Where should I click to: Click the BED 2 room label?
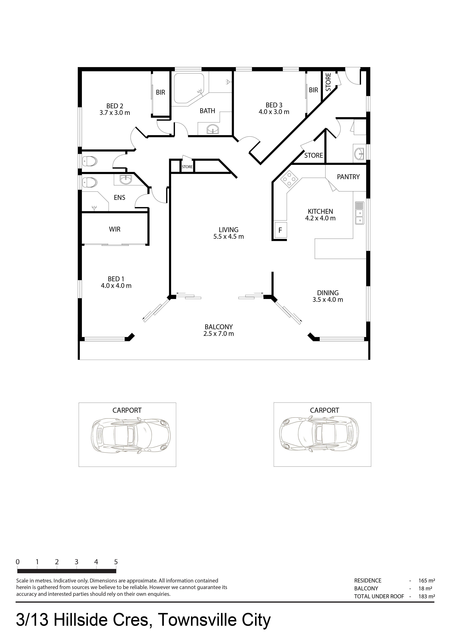[x=115, y=106]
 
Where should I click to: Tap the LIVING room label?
[x=229, y=230]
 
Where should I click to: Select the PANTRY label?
[x=348, y=177]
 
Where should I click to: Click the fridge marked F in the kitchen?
[x=280, y=230]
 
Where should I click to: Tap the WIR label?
[x=115, y=229]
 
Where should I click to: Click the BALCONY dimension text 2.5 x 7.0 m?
[x=219, y=334]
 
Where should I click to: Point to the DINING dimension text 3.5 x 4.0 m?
[x=328, y=300]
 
